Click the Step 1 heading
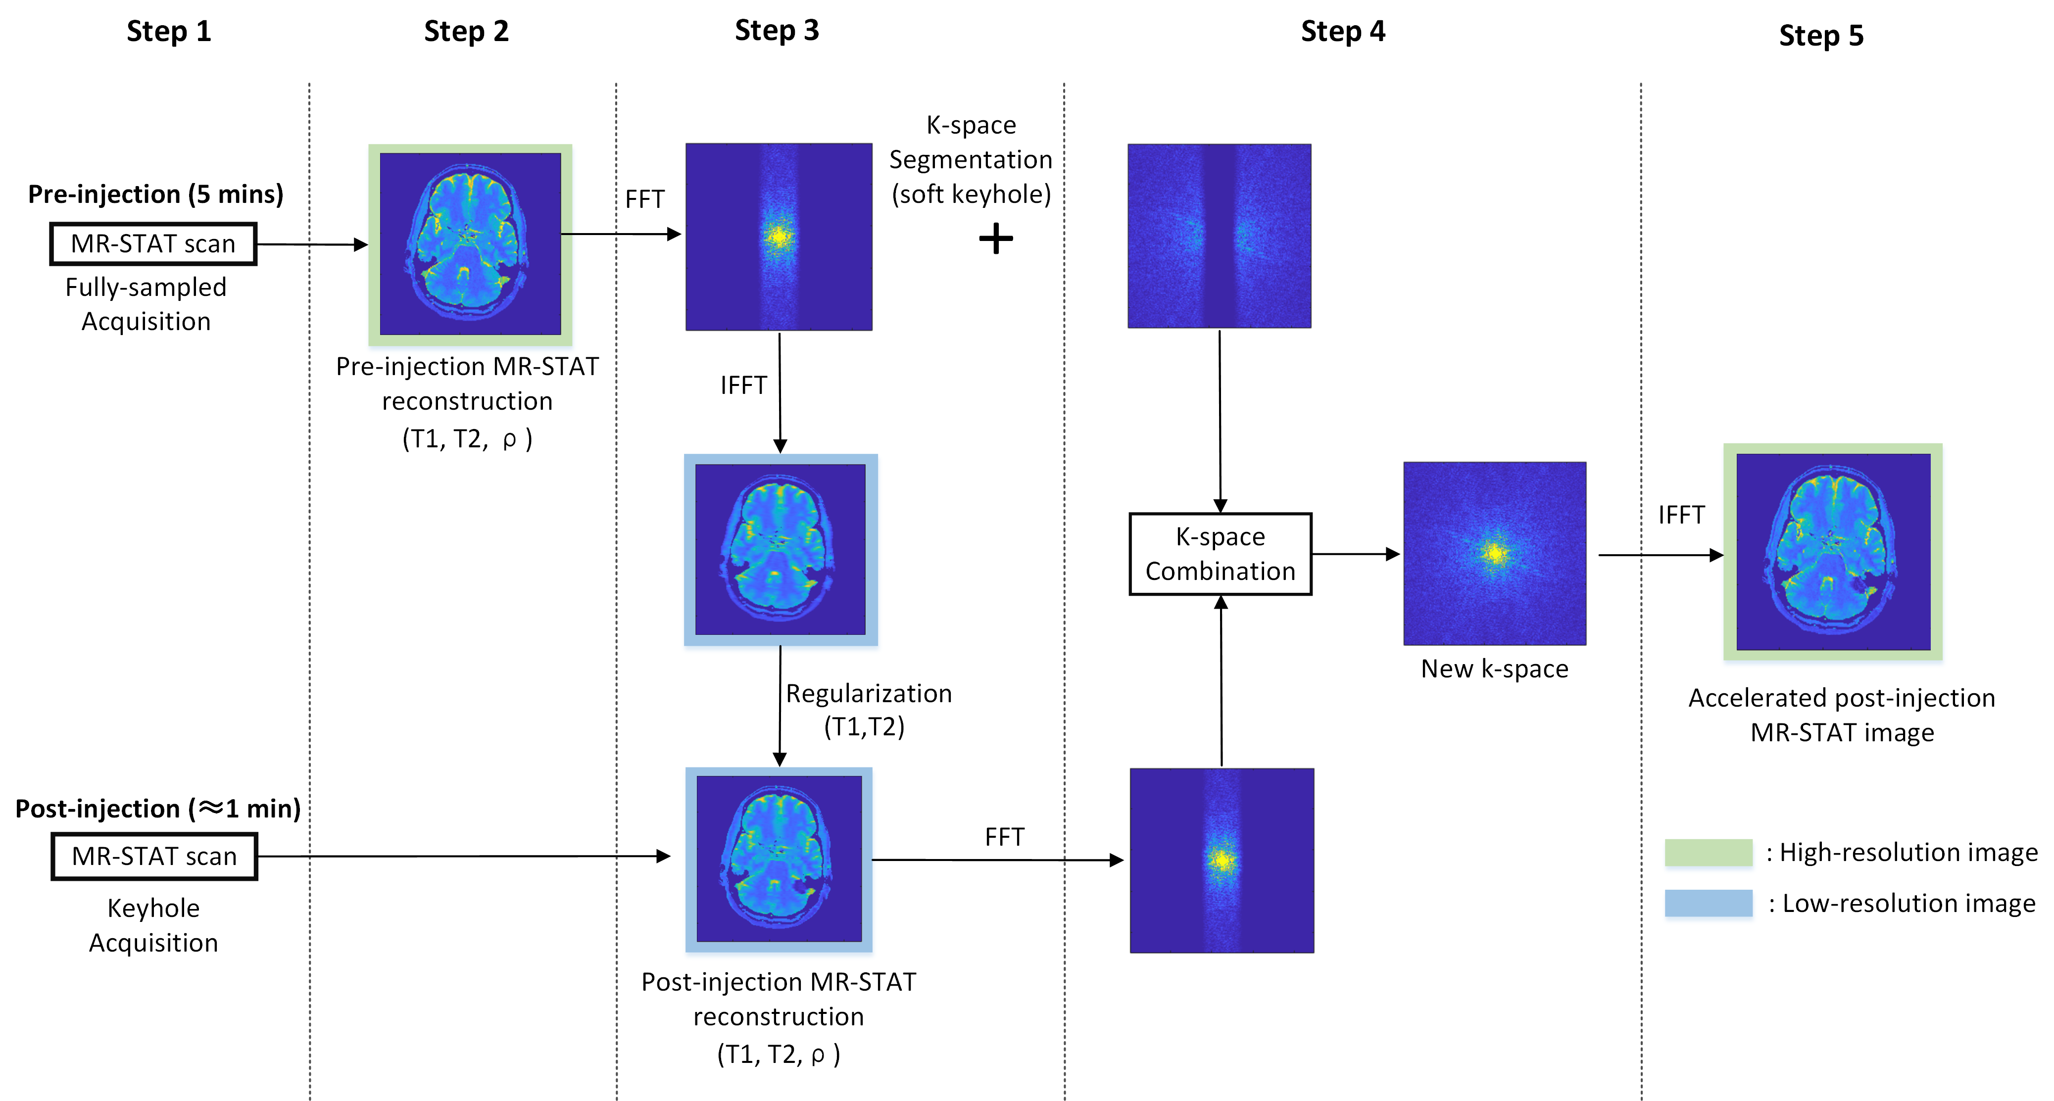click(169, 31)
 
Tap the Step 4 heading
click(1343, 31)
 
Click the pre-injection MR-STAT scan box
click(153, 243)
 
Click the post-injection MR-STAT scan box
click(155, 856)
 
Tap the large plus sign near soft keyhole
click(996, 239)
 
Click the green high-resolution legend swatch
click(1708, 852)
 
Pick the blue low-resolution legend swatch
click(1708, 903)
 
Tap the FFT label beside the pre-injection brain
click(644, 198)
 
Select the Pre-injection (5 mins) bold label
click(155, 194)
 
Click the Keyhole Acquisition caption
click(153, 925)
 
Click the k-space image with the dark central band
click(1219, 236)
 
